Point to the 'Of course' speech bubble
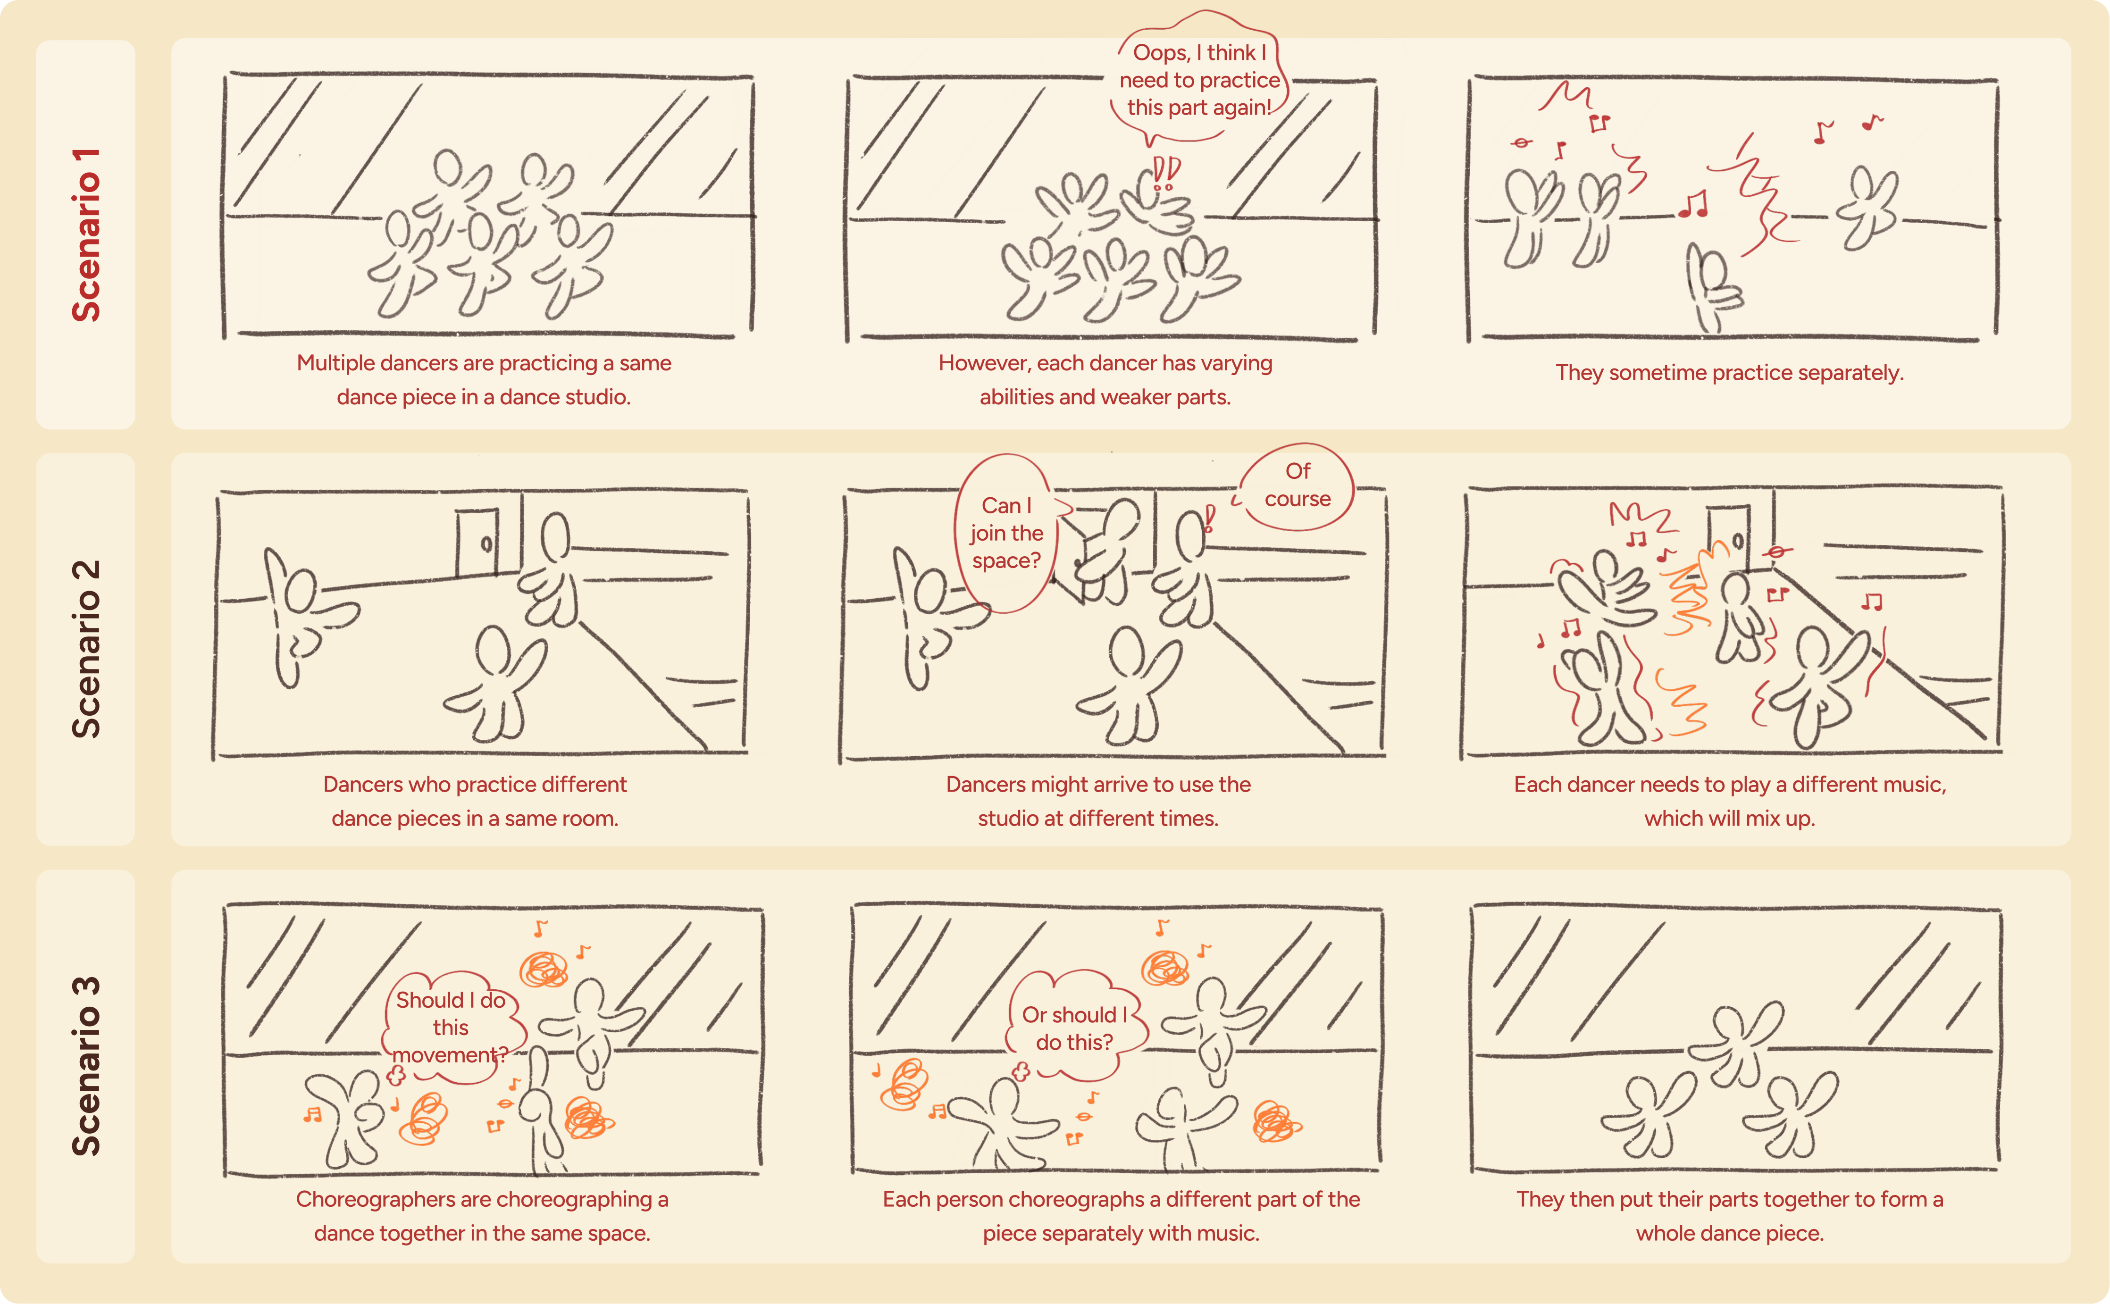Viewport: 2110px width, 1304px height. [x=1296, y=485]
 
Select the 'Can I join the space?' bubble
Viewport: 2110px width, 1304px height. [x=1005, y=533]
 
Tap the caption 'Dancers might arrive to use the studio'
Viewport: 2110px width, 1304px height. [x=1097, y=801]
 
